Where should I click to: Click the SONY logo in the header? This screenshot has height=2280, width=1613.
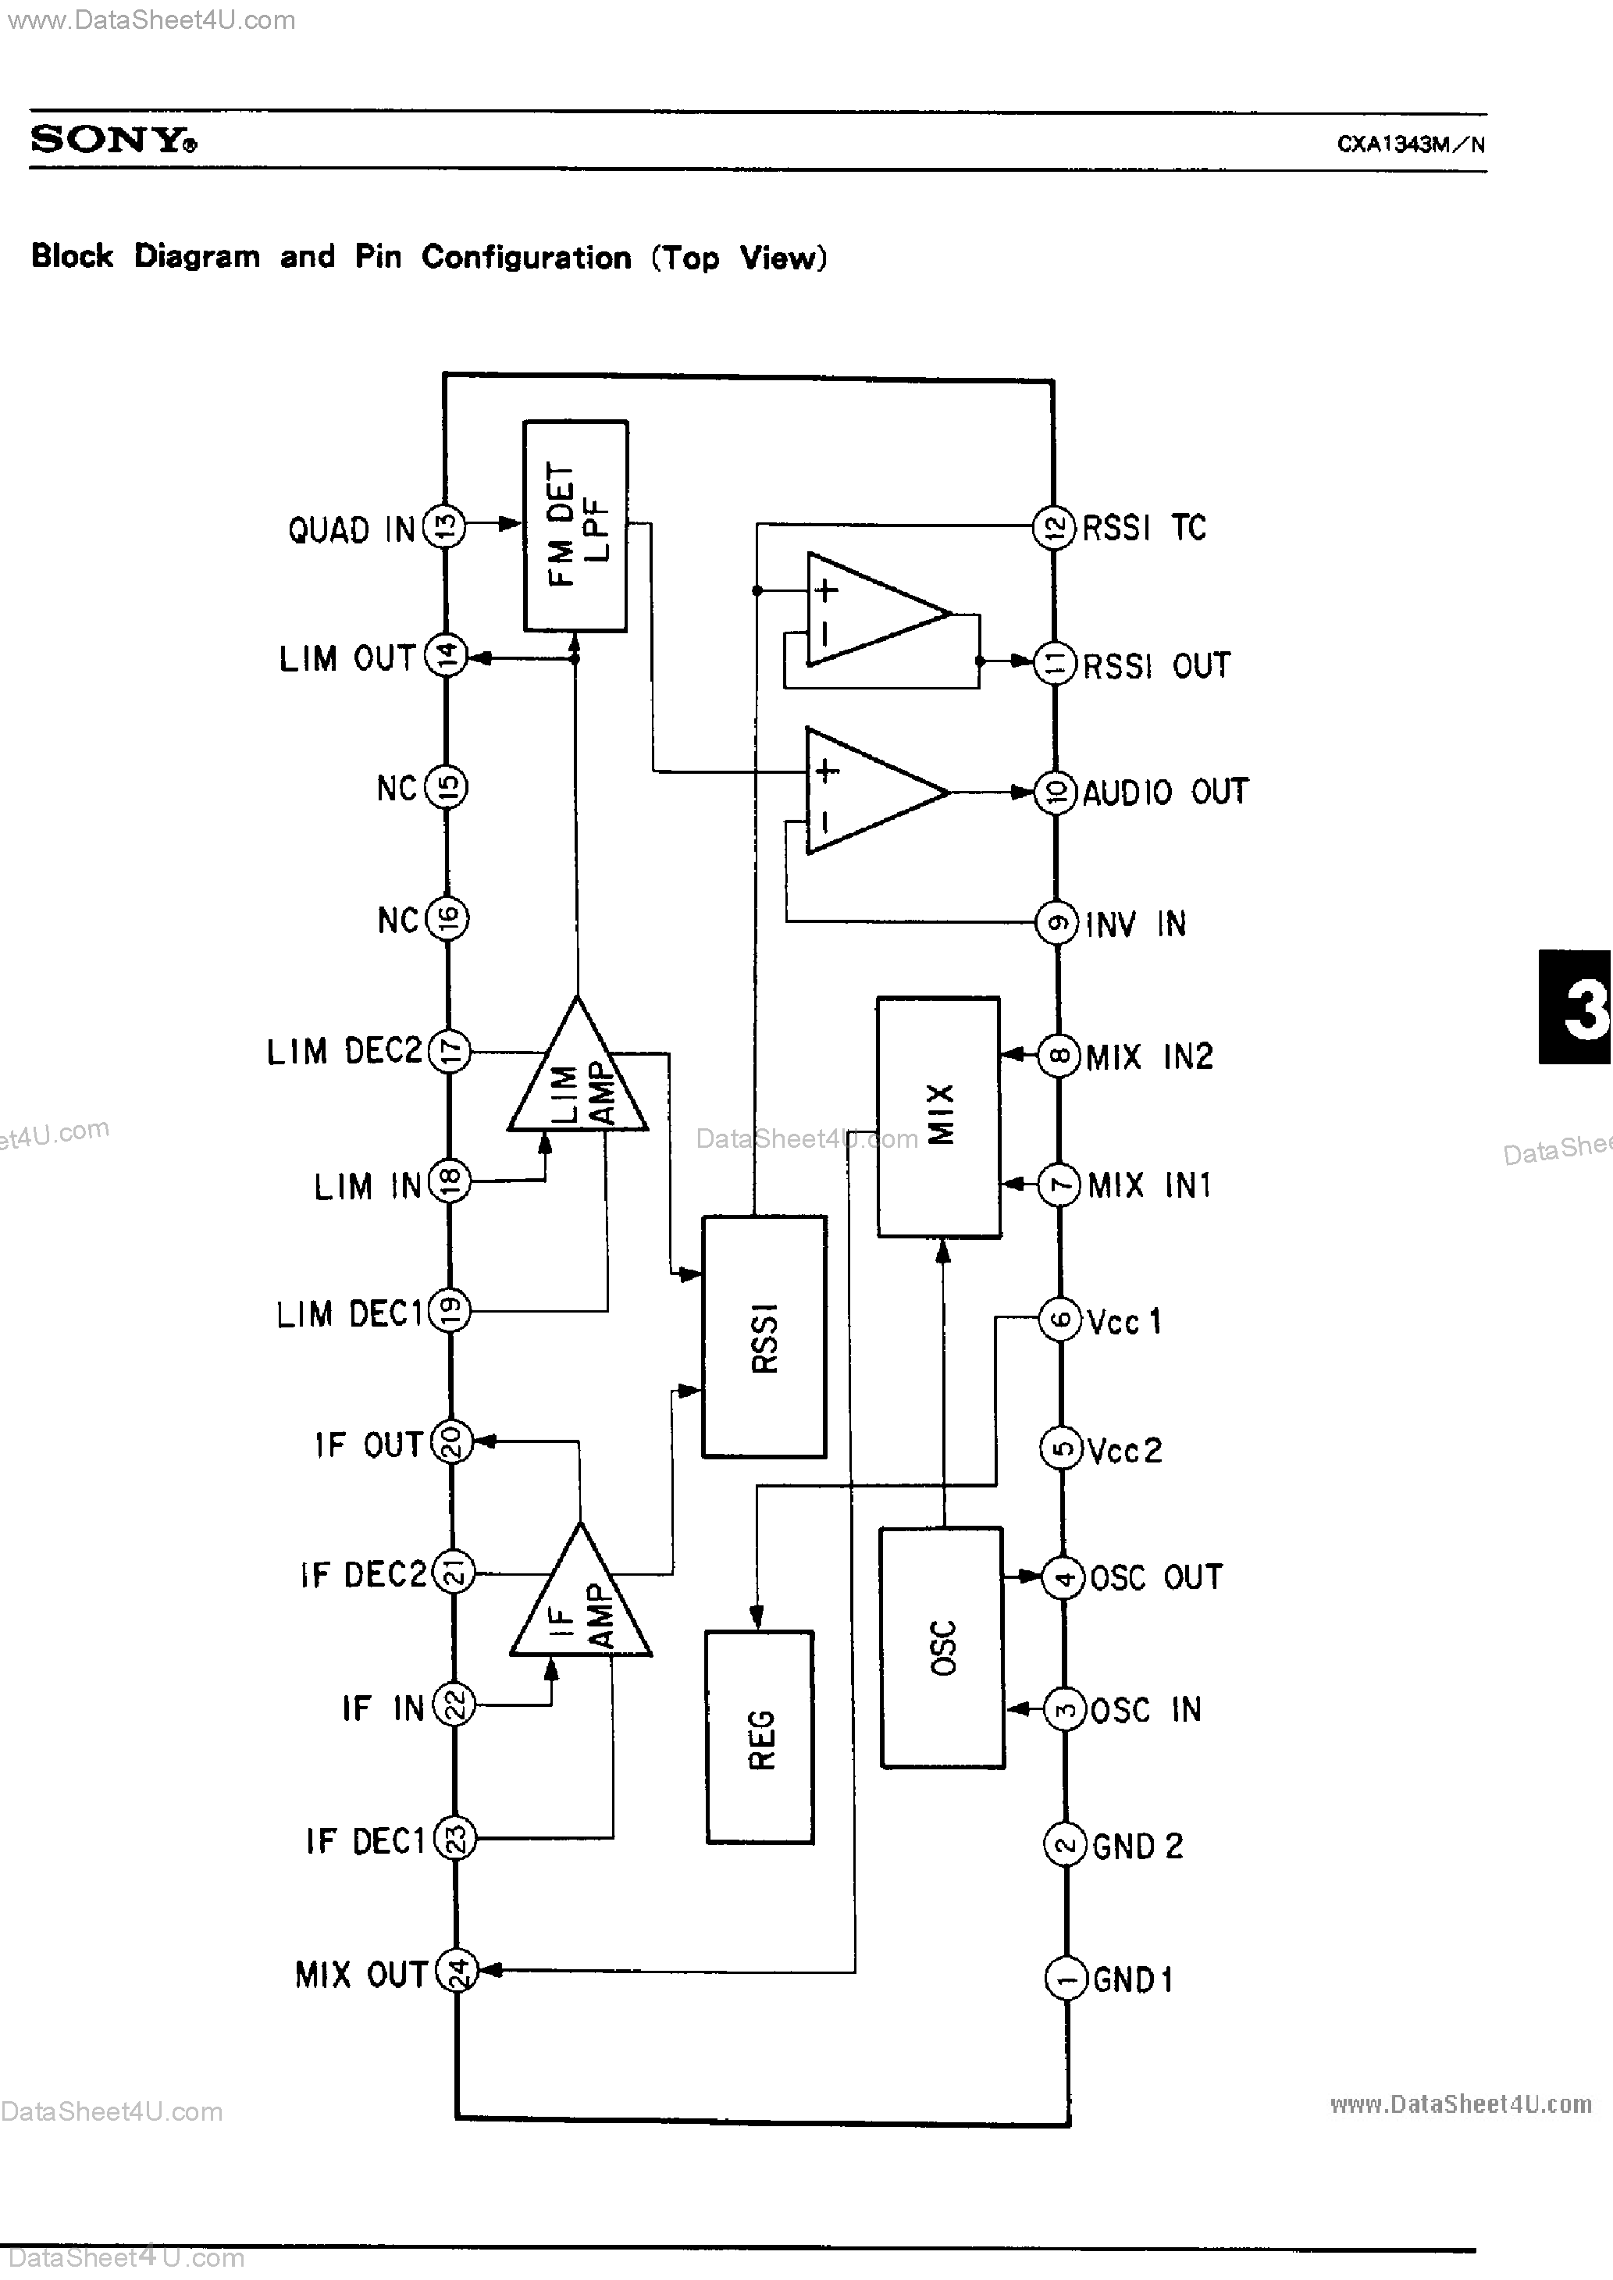[113, 139]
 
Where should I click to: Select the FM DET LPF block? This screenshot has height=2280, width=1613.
[575, 525]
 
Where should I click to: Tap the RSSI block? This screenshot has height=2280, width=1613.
[764, 1337]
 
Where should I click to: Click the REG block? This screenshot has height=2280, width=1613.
[760, 1737]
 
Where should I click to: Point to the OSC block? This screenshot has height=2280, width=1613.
[942, 1648]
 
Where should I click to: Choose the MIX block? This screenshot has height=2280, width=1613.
[938, 1116]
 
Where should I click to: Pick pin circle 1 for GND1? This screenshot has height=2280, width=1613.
[1066, 1979]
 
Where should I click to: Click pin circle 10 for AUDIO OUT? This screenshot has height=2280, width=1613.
[1056, 793]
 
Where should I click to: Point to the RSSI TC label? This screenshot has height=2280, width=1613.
[1145, 527]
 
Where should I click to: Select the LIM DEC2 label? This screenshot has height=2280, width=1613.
[344, 1051]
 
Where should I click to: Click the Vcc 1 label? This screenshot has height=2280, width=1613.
[1124, 1320]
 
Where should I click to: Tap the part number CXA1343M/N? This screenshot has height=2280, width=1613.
[1410, 144]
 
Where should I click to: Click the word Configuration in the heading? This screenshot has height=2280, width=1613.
[526, 257]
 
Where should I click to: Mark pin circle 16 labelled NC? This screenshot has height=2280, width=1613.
[448, 918]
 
